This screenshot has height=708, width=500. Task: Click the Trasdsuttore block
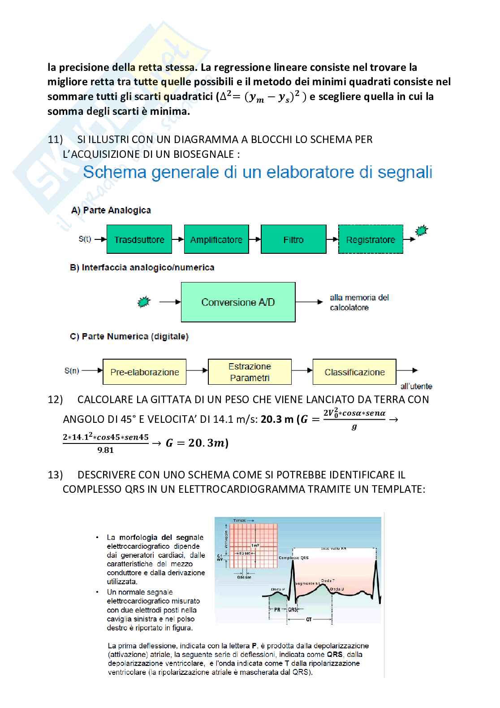pyautogui.click(x=139, y=239)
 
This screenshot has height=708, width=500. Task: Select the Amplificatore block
pyautogui.click(x=216, y=239)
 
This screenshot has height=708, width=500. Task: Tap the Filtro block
pyautogui.click(x=293, y=239)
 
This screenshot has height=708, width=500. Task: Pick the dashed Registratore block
pyautogui.click(x=371, y=239)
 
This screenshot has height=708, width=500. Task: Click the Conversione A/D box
pyautogui.click(x=238, y=302)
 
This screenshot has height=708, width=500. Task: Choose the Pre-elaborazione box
pyautogui.click(x=144, y=372)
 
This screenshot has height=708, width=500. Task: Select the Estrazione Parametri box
pyautogui.click(x=250, y=372)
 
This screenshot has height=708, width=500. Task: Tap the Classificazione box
pyautogui.click(x=354, y=372)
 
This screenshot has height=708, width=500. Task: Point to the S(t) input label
pyautogui.click(x=85, y=239)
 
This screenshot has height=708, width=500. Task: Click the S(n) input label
pyautogui.click(x=72, y=370)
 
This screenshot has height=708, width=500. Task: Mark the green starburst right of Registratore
pyautogui.click(x=421, y=231)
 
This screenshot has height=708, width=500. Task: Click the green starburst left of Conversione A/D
pyautogui.click(x=143, y=302)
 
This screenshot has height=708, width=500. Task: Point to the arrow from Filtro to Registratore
pyautogui.click(x=332, y=239)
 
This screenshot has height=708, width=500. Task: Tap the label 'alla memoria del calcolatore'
pyautogui.click(x=359, y=302)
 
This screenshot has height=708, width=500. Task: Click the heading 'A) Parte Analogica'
pyautogui.click(x=111, y=210)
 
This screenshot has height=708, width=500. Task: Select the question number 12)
pyautogui.click(x=55, y=400)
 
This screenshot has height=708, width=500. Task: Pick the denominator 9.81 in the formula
pyautogui.click(x=106, y=450)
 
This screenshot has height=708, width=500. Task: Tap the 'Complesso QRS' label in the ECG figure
pyautogui.click(x=293, y=558)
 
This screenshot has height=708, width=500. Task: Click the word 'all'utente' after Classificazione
pyautogui.click(x=416, y=386)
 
